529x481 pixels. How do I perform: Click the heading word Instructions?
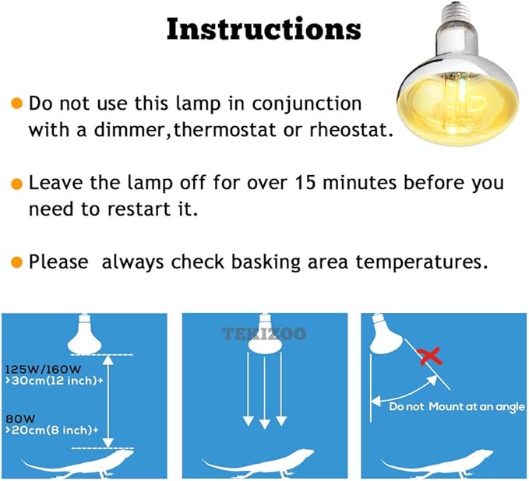(x=263, y=29)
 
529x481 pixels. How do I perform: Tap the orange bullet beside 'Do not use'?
(x=16, y=104)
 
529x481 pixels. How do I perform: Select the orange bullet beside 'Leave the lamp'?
(x=16, y=184)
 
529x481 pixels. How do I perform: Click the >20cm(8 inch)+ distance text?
(x=50, y=429)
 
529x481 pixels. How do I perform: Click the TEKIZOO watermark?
(x=264, y=334)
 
